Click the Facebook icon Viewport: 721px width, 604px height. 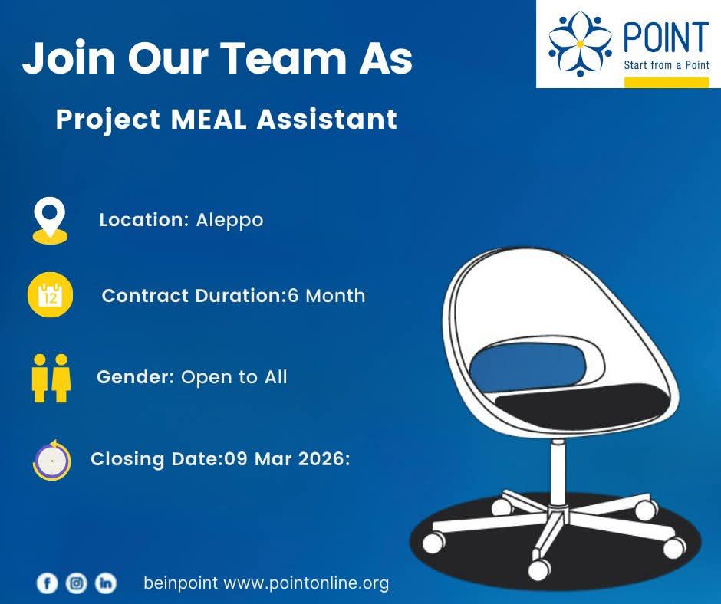click(x=47, y=583)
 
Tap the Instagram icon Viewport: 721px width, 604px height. click(x=77, y=583)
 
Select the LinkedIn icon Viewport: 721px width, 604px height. click(x=106, y=583)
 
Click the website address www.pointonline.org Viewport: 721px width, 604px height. click(x=306, y=583)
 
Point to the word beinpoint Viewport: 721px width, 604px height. click(x=181, y=583)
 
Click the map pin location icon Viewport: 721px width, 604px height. click(x=50, y=220)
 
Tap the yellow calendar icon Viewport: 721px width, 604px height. click(x=50, y=295)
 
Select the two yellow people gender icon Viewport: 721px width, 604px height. click(x=51, y=379)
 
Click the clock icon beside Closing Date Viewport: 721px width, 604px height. click(x=51, y=460)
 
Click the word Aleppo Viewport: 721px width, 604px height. click(x=229, y=221)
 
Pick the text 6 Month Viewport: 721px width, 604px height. click(x=327, y=296)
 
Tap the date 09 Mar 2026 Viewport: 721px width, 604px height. click(x=284, y=458)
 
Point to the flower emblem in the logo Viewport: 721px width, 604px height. click(x=581, y=44)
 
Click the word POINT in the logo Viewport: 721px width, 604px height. click(x=666, y=37)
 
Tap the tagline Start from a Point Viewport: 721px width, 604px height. click(x=667, y=65)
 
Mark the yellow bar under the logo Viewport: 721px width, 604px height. click(x=667, y=83)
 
